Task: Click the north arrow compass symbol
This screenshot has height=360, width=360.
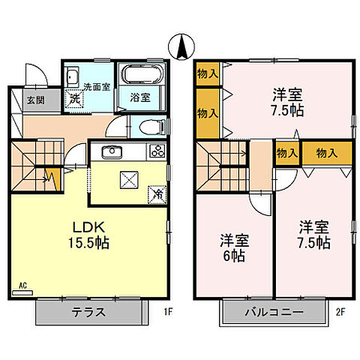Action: (181, 46)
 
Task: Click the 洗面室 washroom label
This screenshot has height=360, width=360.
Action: (96, 86)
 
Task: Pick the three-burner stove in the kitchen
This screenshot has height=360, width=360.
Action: (157, 151)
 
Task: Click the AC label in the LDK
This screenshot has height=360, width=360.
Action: (24, 286)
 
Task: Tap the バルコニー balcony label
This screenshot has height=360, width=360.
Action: (273, 313)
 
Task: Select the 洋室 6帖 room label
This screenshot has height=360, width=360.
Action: (235, 247)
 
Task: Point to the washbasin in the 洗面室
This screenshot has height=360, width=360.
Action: (71, 77)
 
